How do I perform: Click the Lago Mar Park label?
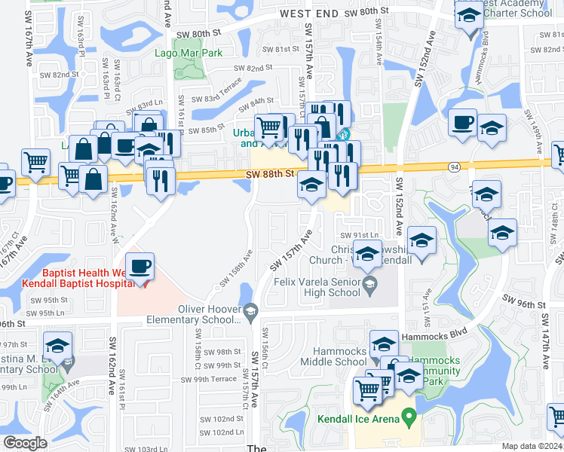tap(189, 53)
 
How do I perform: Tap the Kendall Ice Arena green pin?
tap(409, 415)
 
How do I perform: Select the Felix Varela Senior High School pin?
tap(369, 284)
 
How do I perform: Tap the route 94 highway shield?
tap(453, 166)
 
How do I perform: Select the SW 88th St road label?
tap(268, 174)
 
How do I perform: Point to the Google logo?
tap(24, 443)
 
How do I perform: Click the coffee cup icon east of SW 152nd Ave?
tap(461, 122)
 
